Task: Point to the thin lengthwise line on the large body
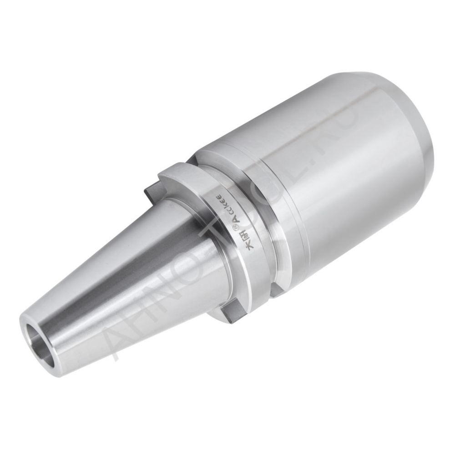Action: pos(318,132)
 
